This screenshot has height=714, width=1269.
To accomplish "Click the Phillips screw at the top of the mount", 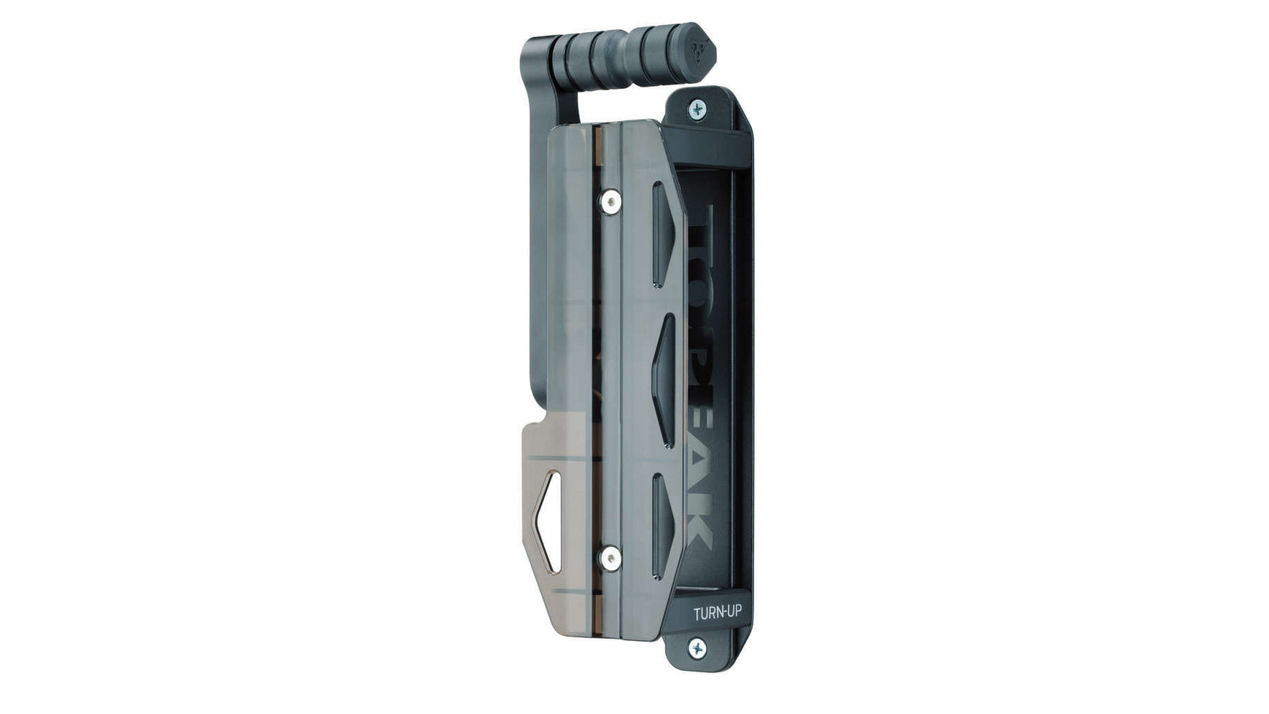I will click(x=697, y=109).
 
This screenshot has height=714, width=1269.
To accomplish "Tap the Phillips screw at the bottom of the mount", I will click(x=697, y=647).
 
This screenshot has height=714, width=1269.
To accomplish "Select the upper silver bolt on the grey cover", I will click(x=610, y=201).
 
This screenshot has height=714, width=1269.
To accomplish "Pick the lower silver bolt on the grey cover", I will click(x=610, y=559).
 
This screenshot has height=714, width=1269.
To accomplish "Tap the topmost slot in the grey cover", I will click(x=661, y=233).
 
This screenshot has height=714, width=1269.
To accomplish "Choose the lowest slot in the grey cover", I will click(x=661, y=525).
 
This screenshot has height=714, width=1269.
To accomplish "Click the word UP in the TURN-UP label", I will click(x=732, y=612).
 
